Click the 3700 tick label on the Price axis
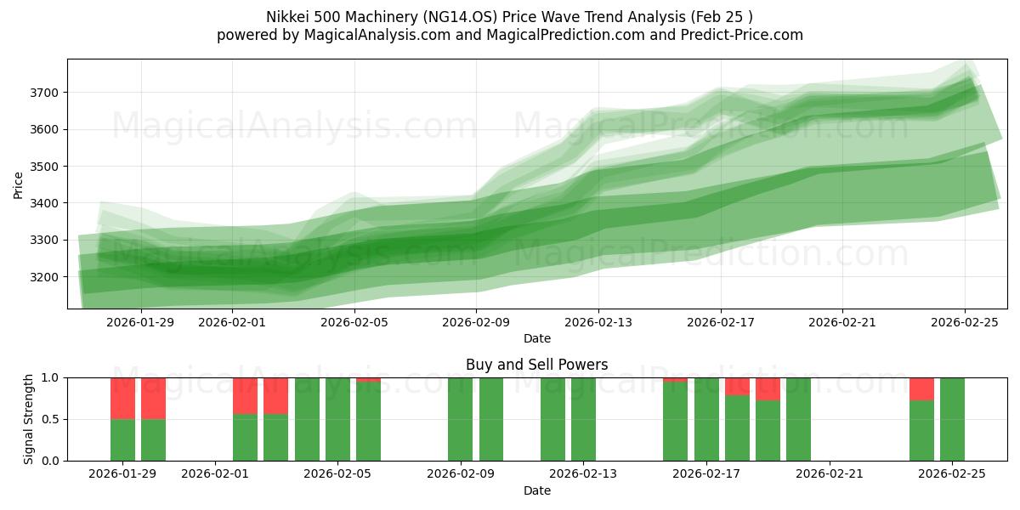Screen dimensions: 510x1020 pos(47,93)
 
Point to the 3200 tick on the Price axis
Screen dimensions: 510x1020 pos(47,277)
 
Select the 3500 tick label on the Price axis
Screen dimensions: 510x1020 pos(47,167)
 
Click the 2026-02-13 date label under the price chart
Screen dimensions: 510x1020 pos(598,323)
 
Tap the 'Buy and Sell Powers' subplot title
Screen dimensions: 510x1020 pos(536,365)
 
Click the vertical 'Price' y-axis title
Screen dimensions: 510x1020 pos(19,184)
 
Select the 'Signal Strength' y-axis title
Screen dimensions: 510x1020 pos(29,419)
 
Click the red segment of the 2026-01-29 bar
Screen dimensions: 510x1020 pos(122,398)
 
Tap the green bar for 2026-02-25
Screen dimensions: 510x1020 pos(952,419)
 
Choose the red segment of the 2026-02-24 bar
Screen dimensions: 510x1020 pos(921,388)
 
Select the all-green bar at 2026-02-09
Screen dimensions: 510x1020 pos(460,419)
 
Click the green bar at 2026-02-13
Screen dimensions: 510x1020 pos(583,419)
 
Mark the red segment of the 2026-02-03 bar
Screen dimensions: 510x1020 pos(275,395)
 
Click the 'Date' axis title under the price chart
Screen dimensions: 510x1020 pos(536,338)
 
